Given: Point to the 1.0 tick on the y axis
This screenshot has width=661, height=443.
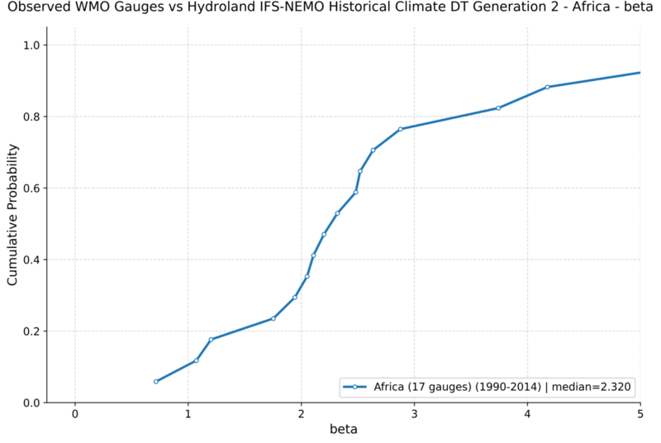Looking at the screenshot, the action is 31,45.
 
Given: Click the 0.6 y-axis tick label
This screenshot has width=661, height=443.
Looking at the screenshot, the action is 31,188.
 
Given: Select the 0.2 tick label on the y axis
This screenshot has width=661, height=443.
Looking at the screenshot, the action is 31,331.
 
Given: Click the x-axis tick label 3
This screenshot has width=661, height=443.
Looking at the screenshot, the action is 415,414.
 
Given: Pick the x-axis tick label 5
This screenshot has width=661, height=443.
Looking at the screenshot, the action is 640,414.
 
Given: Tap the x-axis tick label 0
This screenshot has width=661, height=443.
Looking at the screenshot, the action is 75,414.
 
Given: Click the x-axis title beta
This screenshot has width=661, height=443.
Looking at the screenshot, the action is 344,429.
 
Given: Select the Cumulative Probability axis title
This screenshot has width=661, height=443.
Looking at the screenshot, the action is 12,215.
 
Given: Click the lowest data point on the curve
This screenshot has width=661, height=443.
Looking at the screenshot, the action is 156,382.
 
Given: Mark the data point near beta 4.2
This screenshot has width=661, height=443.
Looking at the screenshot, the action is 547,88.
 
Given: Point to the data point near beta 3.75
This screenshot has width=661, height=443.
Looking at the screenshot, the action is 498,108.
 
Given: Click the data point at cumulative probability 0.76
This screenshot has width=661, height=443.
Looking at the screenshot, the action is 400,130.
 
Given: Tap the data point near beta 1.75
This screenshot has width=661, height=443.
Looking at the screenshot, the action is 273,319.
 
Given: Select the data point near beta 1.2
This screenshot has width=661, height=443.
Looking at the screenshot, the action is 211,340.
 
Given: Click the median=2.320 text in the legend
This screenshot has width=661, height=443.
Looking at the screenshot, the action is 591,387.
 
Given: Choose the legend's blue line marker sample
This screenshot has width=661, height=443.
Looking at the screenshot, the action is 355,387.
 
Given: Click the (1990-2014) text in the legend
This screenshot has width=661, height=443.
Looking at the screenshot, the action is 508,387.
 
